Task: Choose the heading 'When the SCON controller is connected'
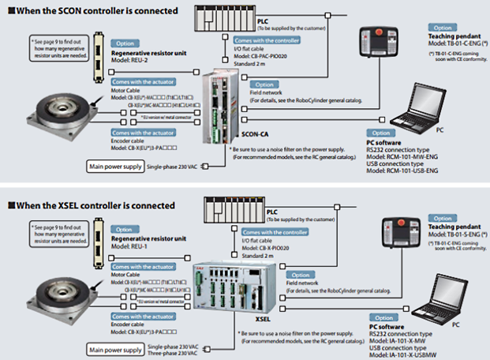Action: point(95,10)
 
